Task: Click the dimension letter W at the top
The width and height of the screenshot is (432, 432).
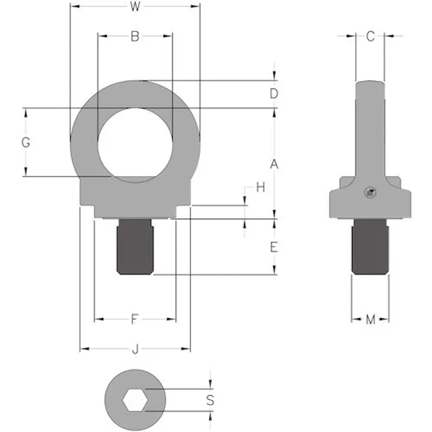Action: [135, 7]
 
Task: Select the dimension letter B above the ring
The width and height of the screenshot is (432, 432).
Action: [135, 36]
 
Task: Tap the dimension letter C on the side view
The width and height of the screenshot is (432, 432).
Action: [370, 36]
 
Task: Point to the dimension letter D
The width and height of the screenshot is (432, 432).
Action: [274, 94]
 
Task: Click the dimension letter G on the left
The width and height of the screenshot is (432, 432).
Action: [25, 143]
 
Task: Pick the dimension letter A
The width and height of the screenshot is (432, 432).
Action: [274, 164]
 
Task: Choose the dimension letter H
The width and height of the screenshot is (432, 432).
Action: [261, 188]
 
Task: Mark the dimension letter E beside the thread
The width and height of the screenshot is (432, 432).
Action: [274, 247]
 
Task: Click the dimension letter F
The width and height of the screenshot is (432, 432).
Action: [135, 319]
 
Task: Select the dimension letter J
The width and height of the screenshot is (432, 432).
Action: [135, 349]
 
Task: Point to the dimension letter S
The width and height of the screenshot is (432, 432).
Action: [210, 400]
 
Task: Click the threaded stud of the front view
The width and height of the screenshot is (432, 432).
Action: [135, 247]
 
